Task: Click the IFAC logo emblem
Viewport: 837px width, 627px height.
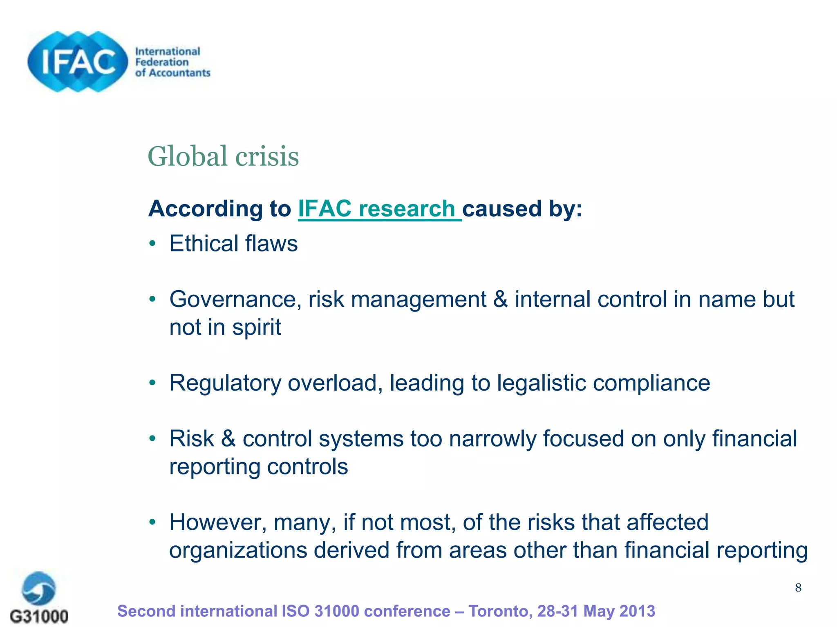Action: (x=78, y=62)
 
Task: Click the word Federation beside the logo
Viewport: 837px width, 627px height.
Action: (x=162, y=62)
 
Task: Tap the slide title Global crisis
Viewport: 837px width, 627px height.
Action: (x=223, y=156)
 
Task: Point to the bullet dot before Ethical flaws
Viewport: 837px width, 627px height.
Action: (x=152, y=244)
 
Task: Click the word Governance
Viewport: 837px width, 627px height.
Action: (x=235, y=299)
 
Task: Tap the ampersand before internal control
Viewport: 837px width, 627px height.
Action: (x=500, y=299)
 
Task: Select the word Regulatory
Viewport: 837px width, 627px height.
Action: (x=225, y=383)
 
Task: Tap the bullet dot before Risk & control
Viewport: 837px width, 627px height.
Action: (x=152, y=439)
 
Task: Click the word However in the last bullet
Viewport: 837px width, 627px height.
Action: (x=218, y=522)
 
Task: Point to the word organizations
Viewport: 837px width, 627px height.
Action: (x=238, y=550)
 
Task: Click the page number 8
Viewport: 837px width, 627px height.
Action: (x=798, y=588)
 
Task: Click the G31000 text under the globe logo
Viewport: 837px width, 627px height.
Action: (x=39, y=616)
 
